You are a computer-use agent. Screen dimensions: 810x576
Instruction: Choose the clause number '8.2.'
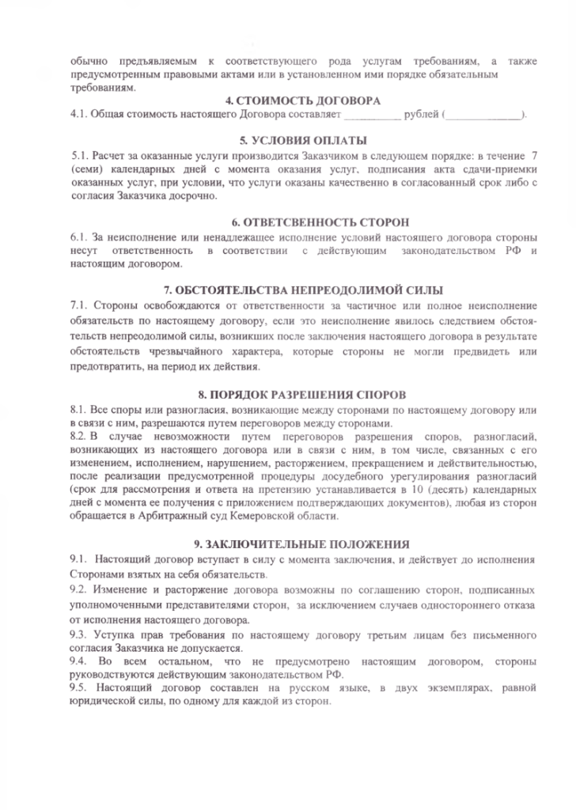(79, 435)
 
